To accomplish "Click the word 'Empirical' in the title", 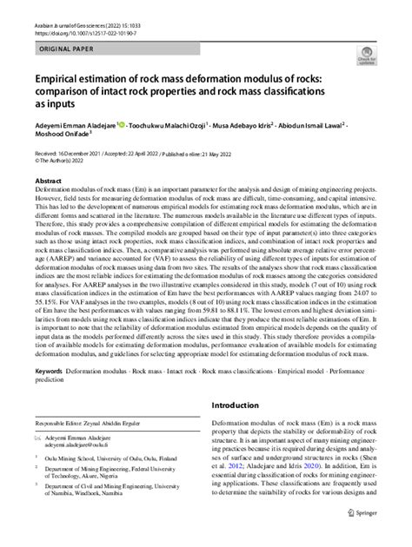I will click(x=63, y=81).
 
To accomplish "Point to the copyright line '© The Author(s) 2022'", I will click(x=62, y=160).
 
